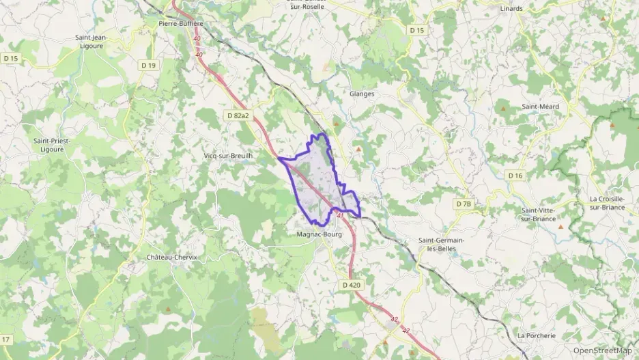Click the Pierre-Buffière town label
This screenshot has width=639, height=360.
click(181, 23)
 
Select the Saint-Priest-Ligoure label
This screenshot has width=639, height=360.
click(52, 145)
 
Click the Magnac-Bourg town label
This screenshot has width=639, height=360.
click(319, 234)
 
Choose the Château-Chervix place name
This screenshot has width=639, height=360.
click(171, 258)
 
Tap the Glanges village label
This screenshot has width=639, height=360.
click(362, 94)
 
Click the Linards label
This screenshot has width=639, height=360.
click(511, 9)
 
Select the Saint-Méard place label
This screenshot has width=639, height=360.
click(540, 107)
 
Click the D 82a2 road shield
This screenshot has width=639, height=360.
click(237, 117)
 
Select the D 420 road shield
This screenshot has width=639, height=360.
click(351, 284)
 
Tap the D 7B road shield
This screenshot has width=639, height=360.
click(464, 204)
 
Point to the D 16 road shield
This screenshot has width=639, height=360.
click(515, 176)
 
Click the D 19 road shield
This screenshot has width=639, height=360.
click(148, 66)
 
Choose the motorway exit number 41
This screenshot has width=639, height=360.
click(340, 215)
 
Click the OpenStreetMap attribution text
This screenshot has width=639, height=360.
click(602, 350)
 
